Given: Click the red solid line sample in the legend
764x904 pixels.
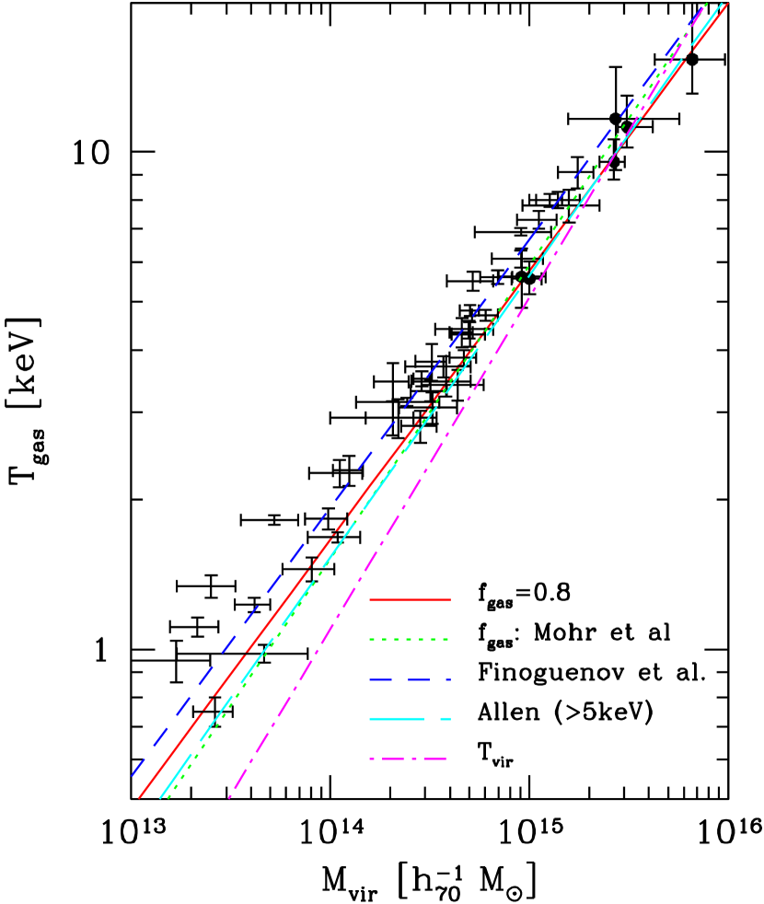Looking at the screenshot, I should (410, 599).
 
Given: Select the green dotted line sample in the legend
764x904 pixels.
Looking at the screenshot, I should (410, 639).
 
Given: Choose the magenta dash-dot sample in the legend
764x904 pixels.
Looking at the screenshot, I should (409, 759).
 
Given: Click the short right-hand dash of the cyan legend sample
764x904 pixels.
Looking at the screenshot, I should (446, 719).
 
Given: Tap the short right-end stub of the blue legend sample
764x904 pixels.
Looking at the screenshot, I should (446, 679).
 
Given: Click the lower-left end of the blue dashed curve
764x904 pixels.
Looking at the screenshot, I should (132, 775).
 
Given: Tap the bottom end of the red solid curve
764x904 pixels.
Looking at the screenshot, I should (139, 798).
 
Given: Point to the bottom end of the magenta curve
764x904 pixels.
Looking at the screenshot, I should (229, 797).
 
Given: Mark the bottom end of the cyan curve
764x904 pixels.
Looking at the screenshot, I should (160, 798).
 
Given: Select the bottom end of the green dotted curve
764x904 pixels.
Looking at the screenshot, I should (168, 798).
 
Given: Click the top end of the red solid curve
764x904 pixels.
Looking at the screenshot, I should (728, 4).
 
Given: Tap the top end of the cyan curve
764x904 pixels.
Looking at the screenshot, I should (720, 4).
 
